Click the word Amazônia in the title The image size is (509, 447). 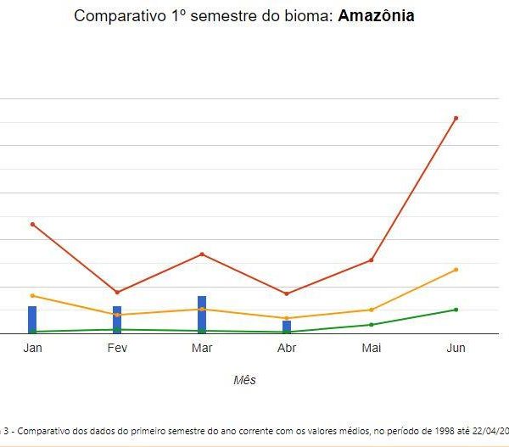[376, 16]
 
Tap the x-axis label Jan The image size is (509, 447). [32, 348]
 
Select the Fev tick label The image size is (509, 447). [117, 348]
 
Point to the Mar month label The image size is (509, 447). [202, 348]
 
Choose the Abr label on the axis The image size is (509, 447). [287, 348]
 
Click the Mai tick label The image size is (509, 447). [372, 348]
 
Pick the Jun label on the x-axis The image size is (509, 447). [456, 348]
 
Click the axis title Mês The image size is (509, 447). [244, 380]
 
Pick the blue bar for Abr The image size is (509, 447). [287, 326]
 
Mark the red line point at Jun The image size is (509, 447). [456, 118]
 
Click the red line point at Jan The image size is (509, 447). [32, 224]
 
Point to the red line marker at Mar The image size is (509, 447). [202, 254]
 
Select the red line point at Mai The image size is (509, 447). [372, 260]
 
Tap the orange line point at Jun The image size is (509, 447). [456, 270]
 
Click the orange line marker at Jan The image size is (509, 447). [32, 295]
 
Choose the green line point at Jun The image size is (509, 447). [456, 310]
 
